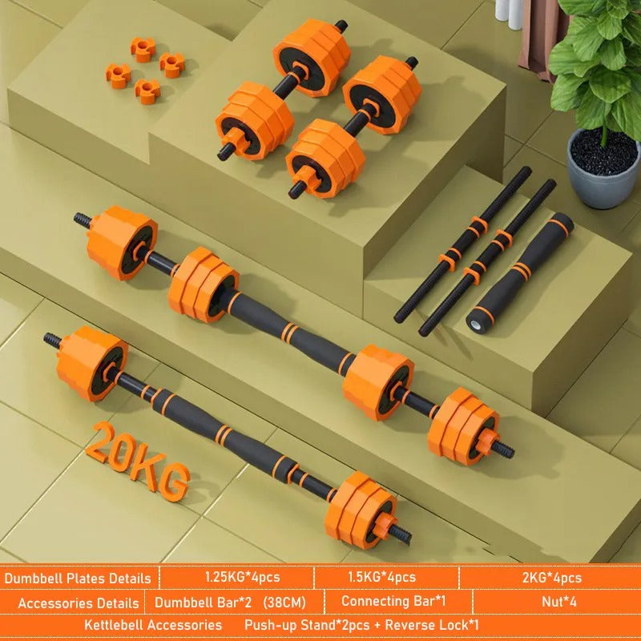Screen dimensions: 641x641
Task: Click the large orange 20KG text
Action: coord(139,460)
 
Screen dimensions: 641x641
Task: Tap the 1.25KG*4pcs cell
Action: coord(236,577)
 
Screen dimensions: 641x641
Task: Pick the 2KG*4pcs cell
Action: coord(550,577)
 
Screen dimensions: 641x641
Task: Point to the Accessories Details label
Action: coord(78,602)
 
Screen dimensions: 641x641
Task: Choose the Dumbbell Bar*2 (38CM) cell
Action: coord(228,601)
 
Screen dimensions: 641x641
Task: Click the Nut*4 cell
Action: coord(550,601)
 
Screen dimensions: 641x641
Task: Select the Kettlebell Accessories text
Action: coord(153,624)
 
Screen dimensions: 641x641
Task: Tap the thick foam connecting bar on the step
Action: coord(519,272)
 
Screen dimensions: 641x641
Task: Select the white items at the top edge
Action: coord(510,9)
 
